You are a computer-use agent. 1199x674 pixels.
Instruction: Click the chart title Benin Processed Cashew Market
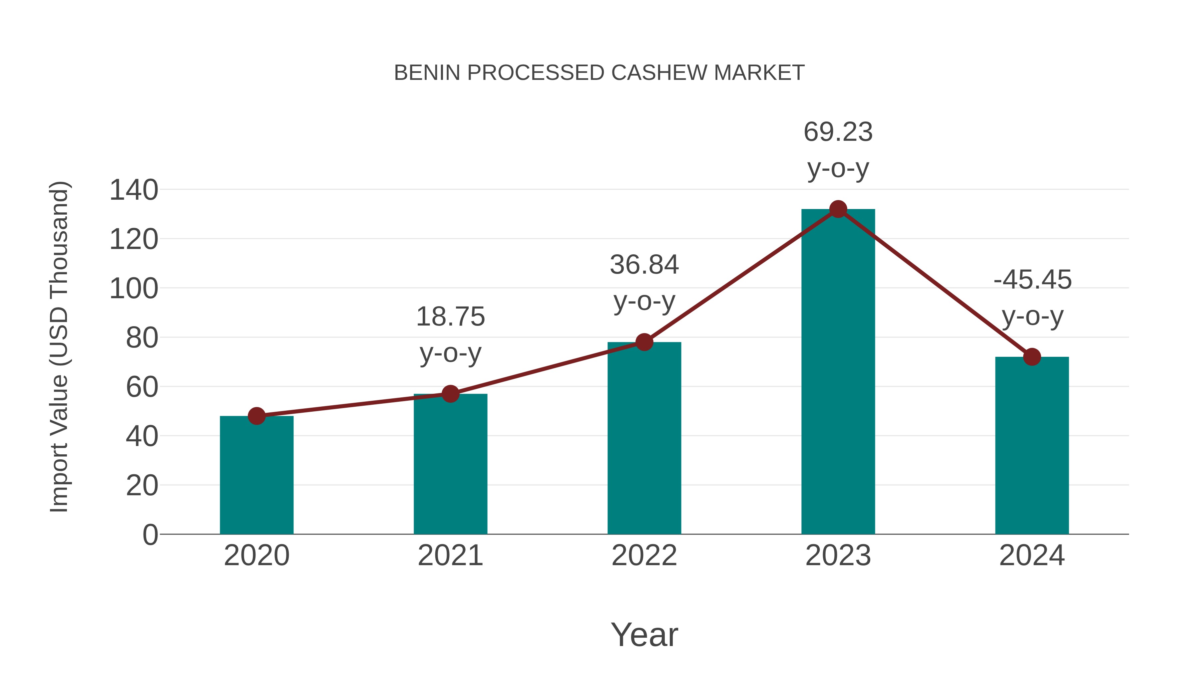click(x=599, y=73)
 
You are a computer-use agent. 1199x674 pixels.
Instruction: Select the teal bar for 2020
click(x=256, y=474)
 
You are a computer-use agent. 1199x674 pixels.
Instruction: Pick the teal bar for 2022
click(x=644, y=438)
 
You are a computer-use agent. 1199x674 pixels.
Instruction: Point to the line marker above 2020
click(x=256, y=416)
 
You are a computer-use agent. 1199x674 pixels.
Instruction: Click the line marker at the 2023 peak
click(x=838, y=209)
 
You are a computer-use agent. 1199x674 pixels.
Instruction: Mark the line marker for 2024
click(x=1032, y=357)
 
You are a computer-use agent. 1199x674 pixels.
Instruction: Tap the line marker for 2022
click(x=644, y=342)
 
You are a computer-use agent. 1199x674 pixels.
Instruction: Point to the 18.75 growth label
click(x=450, y=335)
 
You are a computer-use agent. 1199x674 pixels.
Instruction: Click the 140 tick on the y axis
click(x=134, y=190)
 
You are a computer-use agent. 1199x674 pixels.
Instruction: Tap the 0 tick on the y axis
click(x=150, y=535)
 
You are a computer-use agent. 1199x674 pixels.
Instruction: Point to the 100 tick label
click(x=134, y=289)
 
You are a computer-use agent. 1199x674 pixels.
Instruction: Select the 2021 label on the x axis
click(x=450, y=556)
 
